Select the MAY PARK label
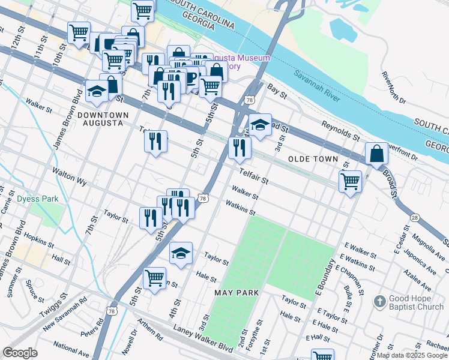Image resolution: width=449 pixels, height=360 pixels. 237,292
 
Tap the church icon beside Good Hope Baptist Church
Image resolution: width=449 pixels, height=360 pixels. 378,299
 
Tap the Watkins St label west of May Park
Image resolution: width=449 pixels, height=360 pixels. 241,208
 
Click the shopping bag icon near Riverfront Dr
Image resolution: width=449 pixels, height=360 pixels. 376,153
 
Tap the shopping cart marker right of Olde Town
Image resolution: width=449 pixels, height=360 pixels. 350,180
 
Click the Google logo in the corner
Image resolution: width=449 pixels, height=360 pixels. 20,353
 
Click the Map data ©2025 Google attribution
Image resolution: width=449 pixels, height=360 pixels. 411,355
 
